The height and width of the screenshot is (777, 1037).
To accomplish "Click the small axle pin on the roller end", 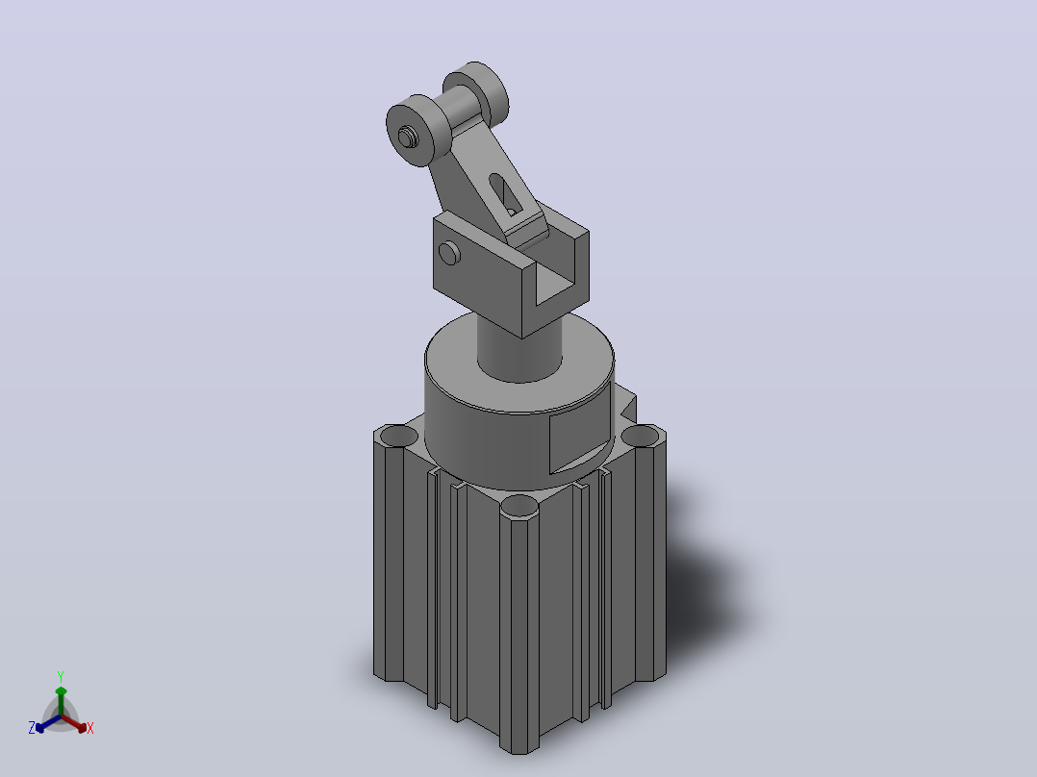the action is pyautogui.click(x=406, y=137).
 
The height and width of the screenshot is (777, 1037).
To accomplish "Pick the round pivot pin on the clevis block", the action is pyautogui.click(x=450, y=253).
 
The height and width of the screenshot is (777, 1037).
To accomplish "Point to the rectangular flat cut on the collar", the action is pyautogui.click(x=579, y=444).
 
